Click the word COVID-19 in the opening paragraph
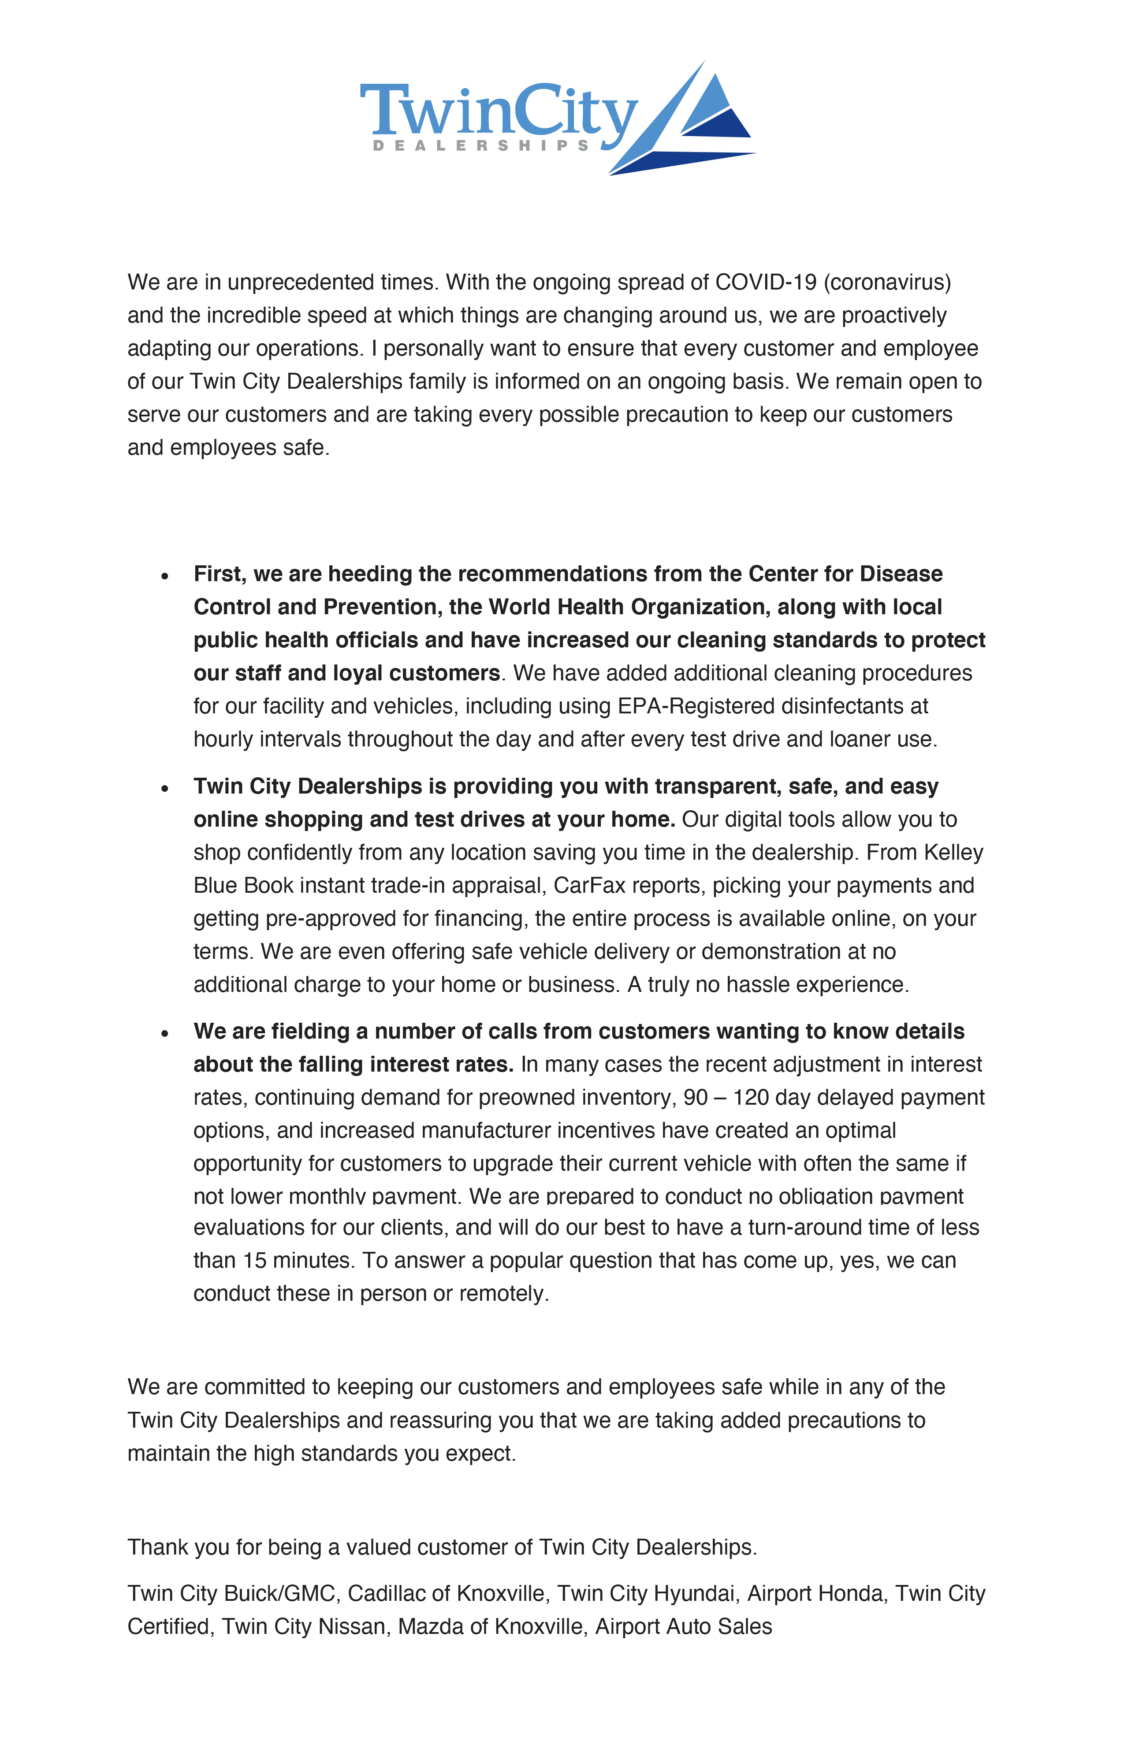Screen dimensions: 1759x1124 tap(765, 282)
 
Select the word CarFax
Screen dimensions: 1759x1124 tap(589, 885)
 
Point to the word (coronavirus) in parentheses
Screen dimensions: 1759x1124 tap(887, 282)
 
